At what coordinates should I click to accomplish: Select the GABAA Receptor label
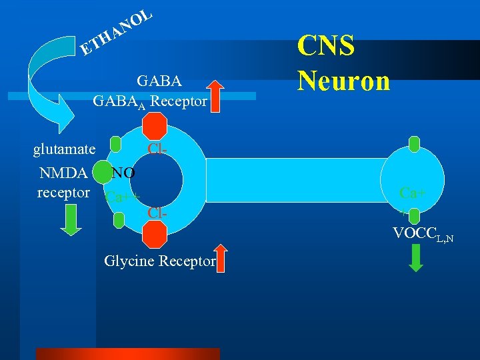pos(150,102)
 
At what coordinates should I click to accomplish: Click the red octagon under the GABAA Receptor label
pos(155,125)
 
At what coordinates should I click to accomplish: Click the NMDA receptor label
pos(64,183)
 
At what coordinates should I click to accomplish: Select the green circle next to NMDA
pos(102,173)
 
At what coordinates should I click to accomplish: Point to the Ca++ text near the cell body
pos(123,197)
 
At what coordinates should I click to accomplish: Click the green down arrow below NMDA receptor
pos(70,219)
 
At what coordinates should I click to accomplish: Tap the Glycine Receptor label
pos(160,261)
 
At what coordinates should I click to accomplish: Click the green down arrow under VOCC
pos(415,258)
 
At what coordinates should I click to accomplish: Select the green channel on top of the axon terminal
pos(414,143)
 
